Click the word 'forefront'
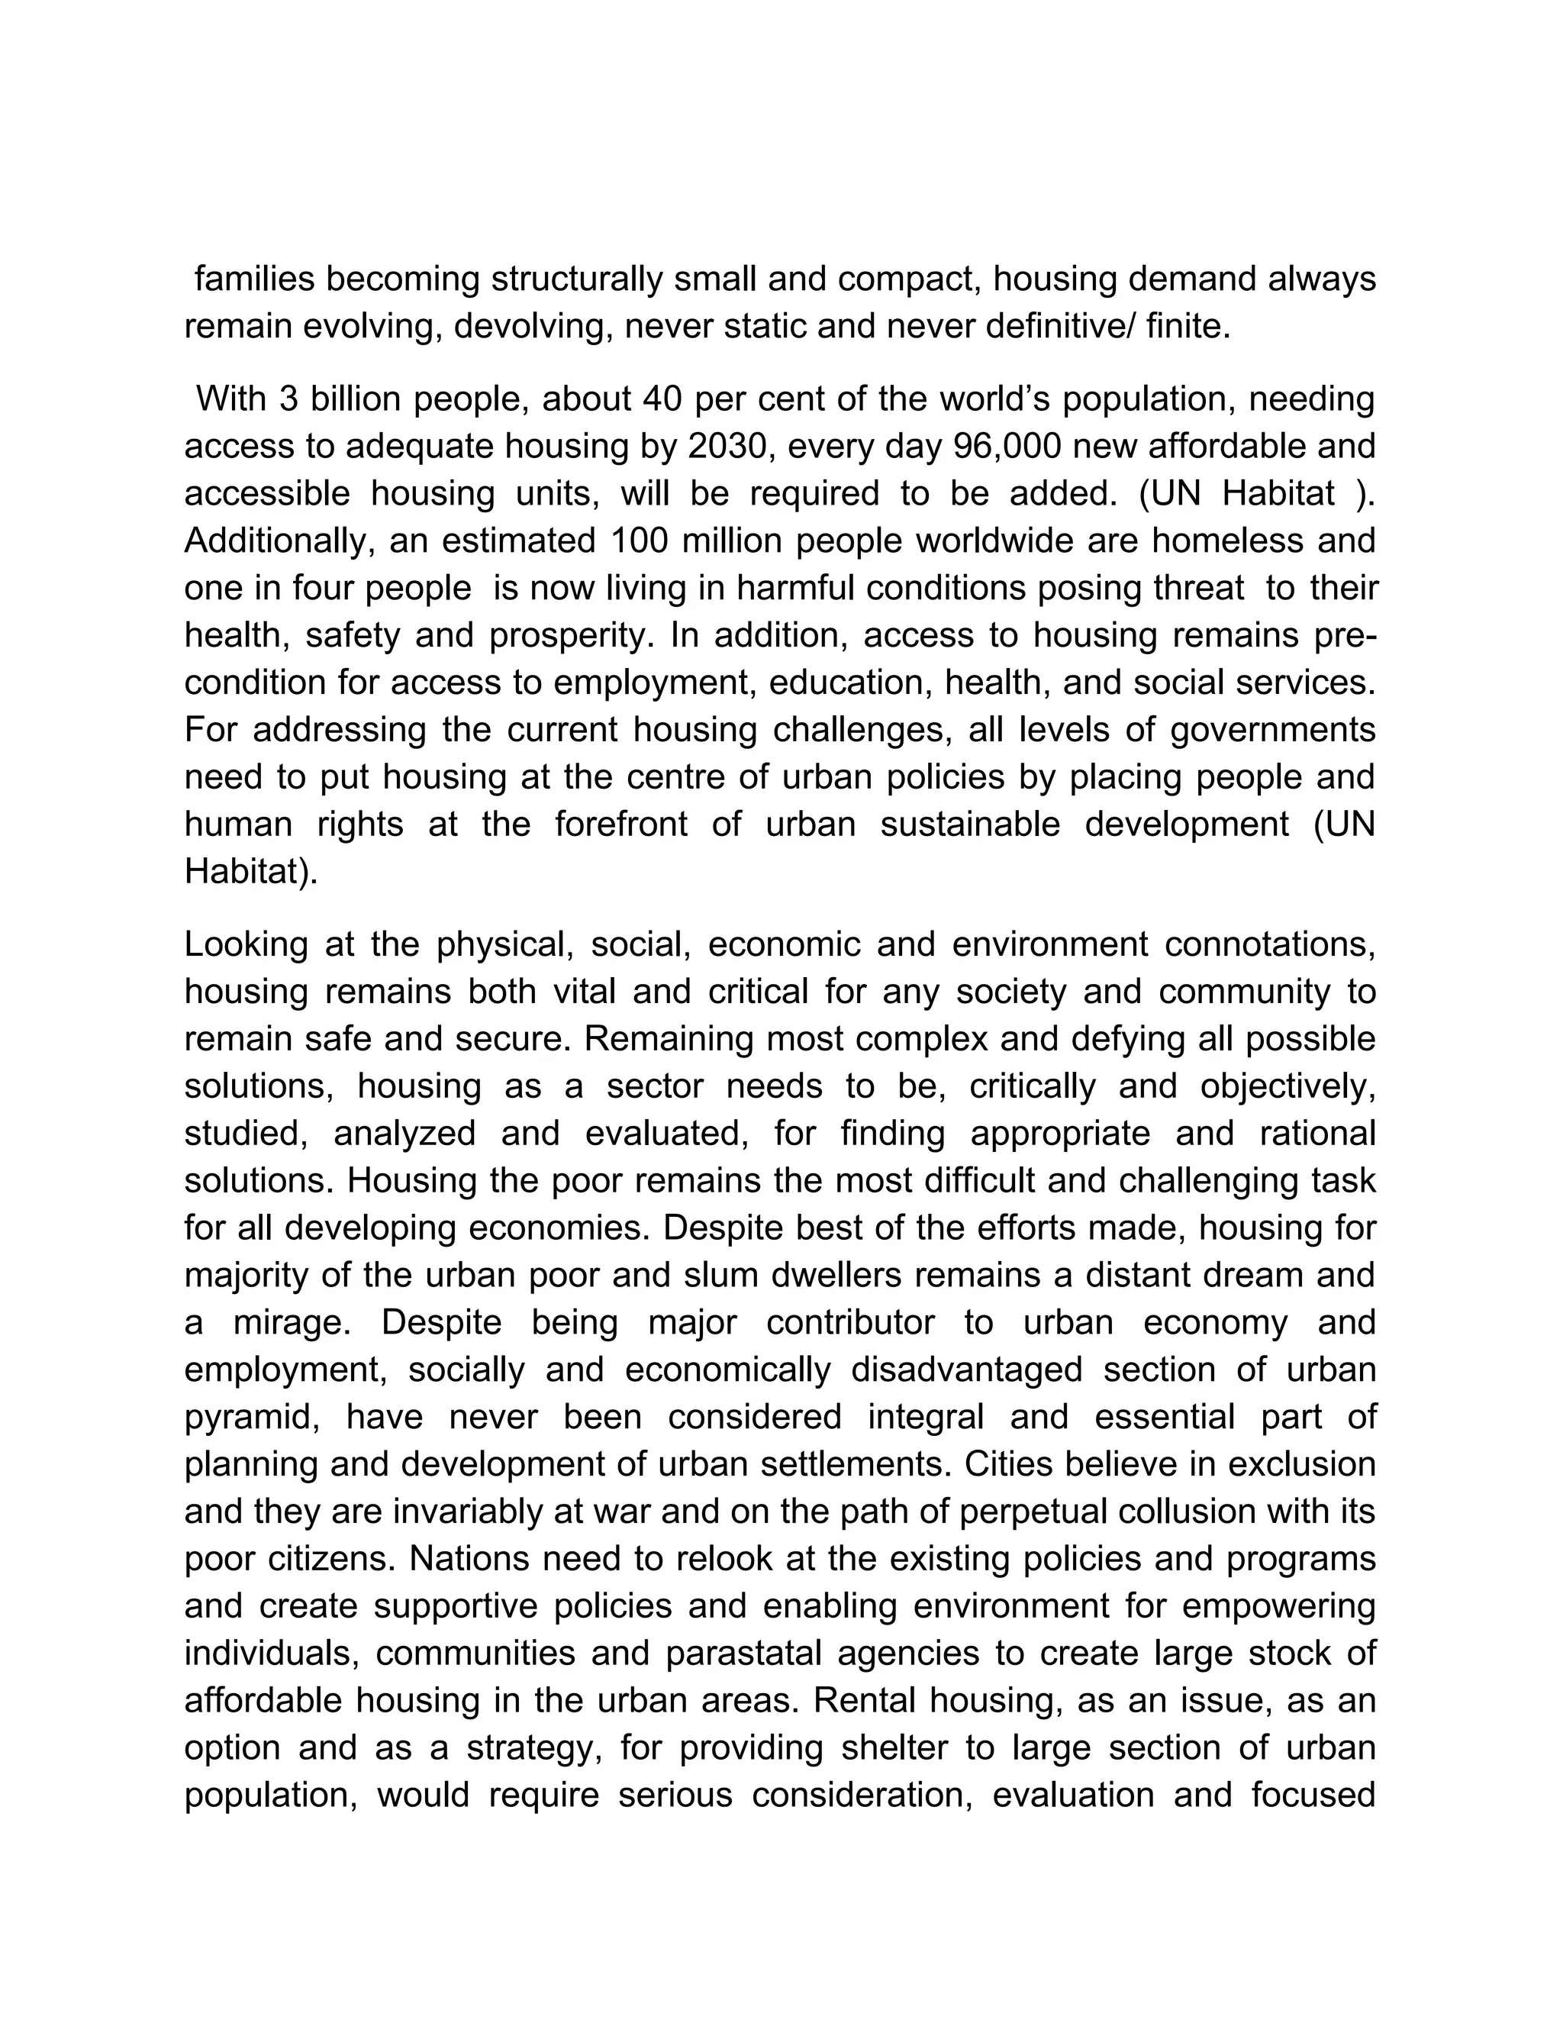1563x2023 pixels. click(x=620, y=824)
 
